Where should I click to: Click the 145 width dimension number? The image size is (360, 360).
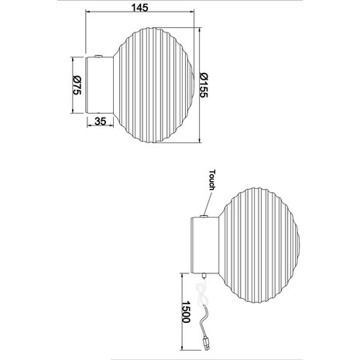(141, 6)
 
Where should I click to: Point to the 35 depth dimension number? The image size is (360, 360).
(100, 122)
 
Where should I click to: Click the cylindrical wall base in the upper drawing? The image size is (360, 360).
(101, 84)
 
